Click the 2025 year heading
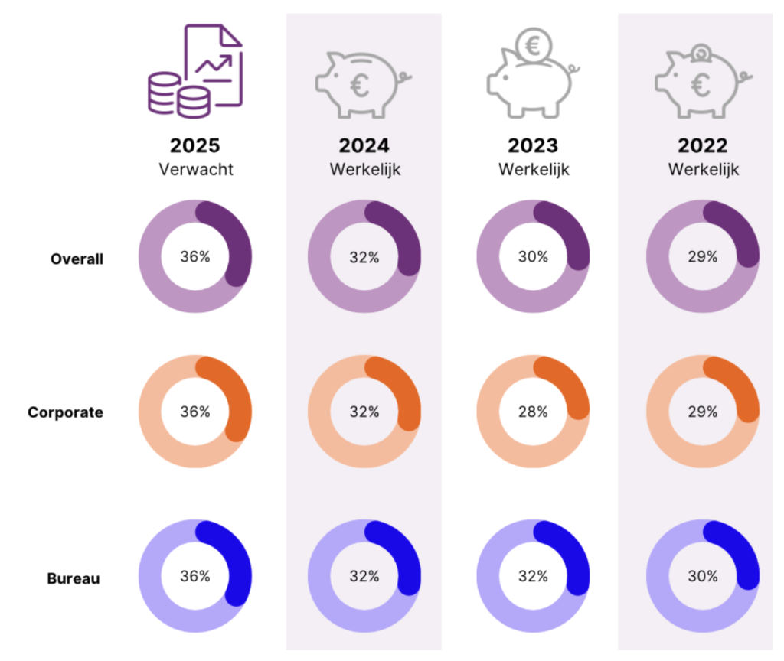tap(195, 146)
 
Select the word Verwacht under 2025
tap(195, 168)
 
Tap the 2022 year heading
tap(703, 146)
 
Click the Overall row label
tap(77, 259)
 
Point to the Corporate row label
tap(65, 412)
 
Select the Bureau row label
tap(74, 578)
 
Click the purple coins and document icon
tap(194, 70)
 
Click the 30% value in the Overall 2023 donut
tap(534, 257)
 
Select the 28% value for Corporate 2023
tap(534, 412)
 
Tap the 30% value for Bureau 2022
tap(703, 577)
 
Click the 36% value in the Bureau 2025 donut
tap(195, 577)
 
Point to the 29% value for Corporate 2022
tap(703, 412)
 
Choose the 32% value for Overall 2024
tap(364, 257)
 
